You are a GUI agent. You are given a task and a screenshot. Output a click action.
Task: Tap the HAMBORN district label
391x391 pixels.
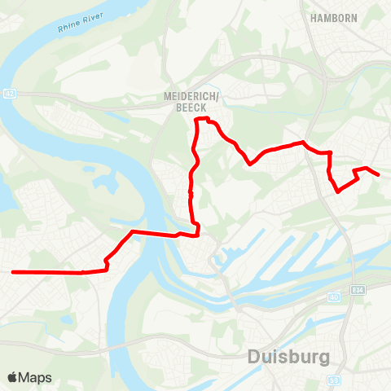334,16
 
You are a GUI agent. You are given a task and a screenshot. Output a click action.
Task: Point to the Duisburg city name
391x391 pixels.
288,357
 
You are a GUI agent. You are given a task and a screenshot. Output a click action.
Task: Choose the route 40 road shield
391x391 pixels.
335,297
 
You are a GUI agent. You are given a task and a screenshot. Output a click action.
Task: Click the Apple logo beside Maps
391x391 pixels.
12,377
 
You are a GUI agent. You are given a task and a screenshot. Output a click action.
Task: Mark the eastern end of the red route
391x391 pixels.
379,174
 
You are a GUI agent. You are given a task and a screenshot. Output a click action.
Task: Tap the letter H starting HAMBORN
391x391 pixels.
314,16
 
